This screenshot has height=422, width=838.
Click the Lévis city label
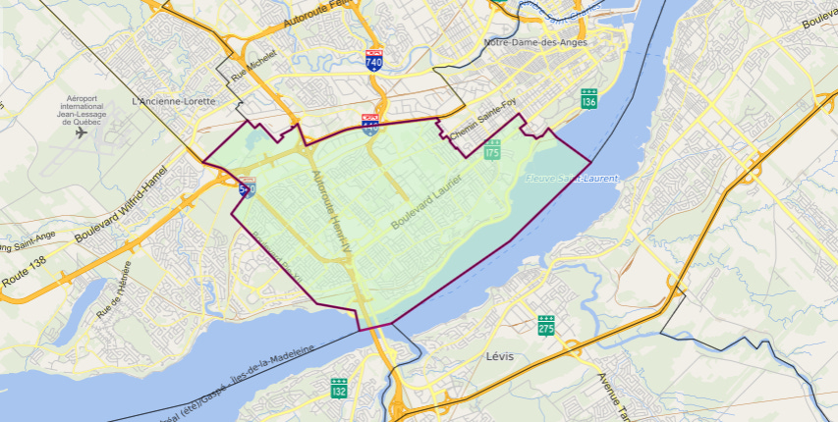coord(499,355)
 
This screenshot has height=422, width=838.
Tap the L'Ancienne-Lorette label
coord(172,101)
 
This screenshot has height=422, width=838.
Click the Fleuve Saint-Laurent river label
coord(572,179)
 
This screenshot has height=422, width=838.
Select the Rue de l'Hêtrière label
coord(114,296)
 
